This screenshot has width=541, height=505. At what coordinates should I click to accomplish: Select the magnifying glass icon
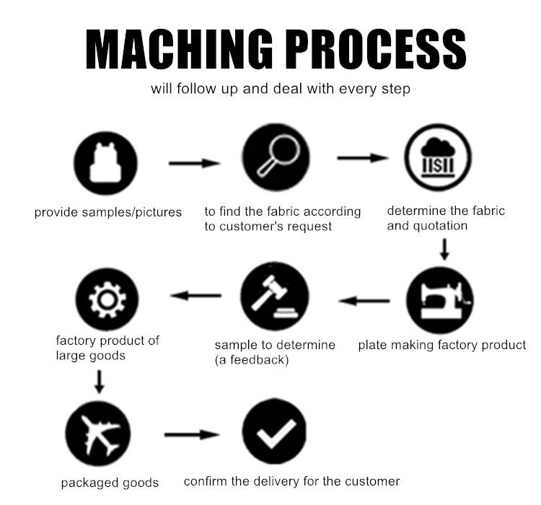(276, 158)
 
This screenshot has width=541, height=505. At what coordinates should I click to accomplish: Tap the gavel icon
(275, 297)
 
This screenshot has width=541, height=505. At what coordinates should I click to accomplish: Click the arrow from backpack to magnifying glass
(194, 164)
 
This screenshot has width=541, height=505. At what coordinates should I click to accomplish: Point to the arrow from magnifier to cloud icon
(364, 157)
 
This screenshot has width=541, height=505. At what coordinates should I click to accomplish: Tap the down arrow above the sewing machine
(444, 249)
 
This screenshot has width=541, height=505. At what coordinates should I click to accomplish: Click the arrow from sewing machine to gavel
(364, 300)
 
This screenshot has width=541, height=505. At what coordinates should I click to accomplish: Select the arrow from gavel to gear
(195, 295)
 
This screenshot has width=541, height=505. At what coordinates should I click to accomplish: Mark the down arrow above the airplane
(100, 380)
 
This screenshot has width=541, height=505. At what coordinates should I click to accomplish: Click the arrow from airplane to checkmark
(192, 434)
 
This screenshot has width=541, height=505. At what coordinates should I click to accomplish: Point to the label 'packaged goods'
(110, 483)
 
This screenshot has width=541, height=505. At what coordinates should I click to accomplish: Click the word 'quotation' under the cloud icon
(440, 226)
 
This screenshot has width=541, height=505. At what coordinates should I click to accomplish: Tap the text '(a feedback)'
(252, 359)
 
